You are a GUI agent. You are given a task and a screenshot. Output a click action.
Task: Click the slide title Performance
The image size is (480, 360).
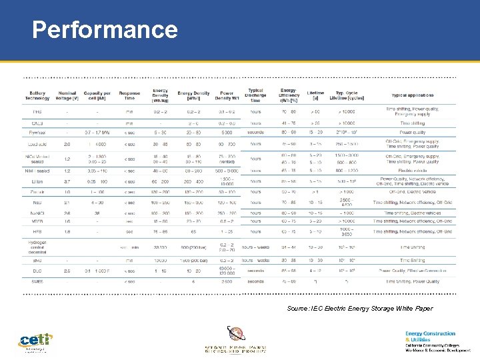pyautogui.click(x=105, y=30)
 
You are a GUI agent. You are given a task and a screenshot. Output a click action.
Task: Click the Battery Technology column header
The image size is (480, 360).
pyautogui.click(x=37, y=95)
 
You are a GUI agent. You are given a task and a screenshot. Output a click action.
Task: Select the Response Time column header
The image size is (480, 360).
pyautogui.click(x=129, y=95)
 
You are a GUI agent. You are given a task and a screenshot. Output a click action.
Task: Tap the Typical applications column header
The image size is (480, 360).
pyautogui.click(x=412, y=95)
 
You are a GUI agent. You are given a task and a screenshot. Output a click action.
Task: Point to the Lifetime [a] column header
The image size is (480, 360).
pyautogui.click(x=315, y=95)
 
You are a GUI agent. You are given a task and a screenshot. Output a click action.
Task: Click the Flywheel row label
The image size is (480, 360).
pyautogui.click(x=37, y=132)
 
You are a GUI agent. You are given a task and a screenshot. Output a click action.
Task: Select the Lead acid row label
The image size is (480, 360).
pyautogui.click(x=37, y=143)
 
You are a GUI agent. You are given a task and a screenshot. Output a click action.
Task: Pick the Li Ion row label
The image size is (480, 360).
pyautogui.click(x=37, y=181)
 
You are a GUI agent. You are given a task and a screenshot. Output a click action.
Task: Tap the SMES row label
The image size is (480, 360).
pyautogui.click(x=37, y=281)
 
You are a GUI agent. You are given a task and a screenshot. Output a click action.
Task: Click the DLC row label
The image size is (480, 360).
pyautogui.click(x=37, y=271)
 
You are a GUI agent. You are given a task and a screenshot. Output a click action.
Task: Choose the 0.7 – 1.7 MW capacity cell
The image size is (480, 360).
pyautogui.click(x=97, y=132)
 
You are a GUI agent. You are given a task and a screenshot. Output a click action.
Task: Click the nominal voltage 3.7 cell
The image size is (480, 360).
pyautogui.click(x=67, y=181)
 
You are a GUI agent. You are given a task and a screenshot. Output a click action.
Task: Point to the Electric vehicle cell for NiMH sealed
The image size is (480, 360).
pyautogui.click(x=412, y=170)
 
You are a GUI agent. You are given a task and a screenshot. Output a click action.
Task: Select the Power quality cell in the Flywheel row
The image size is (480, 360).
pyautogui.click(x=412, y=132)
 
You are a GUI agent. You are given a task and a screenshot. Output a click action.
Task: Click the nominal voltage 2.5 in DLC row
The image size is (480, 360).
pyautogui.click(x=67, y=271)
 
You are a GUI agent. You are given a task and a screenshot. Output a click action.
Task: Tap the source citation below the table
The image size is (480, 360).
pyautogui.click(x=359, y=309)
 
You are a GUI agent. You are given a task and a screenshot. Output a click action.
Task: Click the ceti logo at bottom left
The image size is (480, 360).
pyautogui.click(x=35, y=341)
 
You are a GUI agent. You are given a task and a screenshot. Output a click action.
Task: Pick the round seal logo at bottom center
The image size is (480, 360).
pyautogui.click(x=235, y=334)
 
